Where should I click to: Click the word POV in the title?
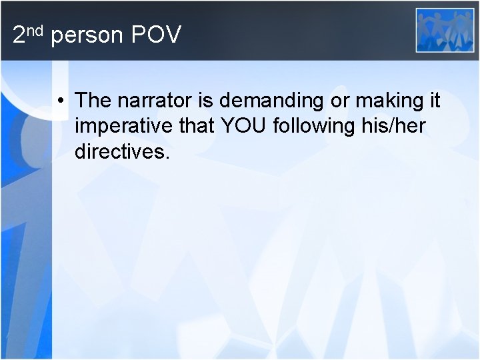coord(156,35)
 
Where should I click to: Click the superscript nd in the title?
coord(36,29)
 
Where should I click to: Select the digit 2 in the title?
coord(19,35)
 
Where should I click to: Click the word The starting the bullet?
coord(93,101)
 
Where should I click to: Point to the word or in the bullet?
coord(337,101)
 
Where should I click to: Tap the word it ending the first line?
coord(434,101)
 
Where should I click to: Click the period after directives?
coord(168,157)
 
